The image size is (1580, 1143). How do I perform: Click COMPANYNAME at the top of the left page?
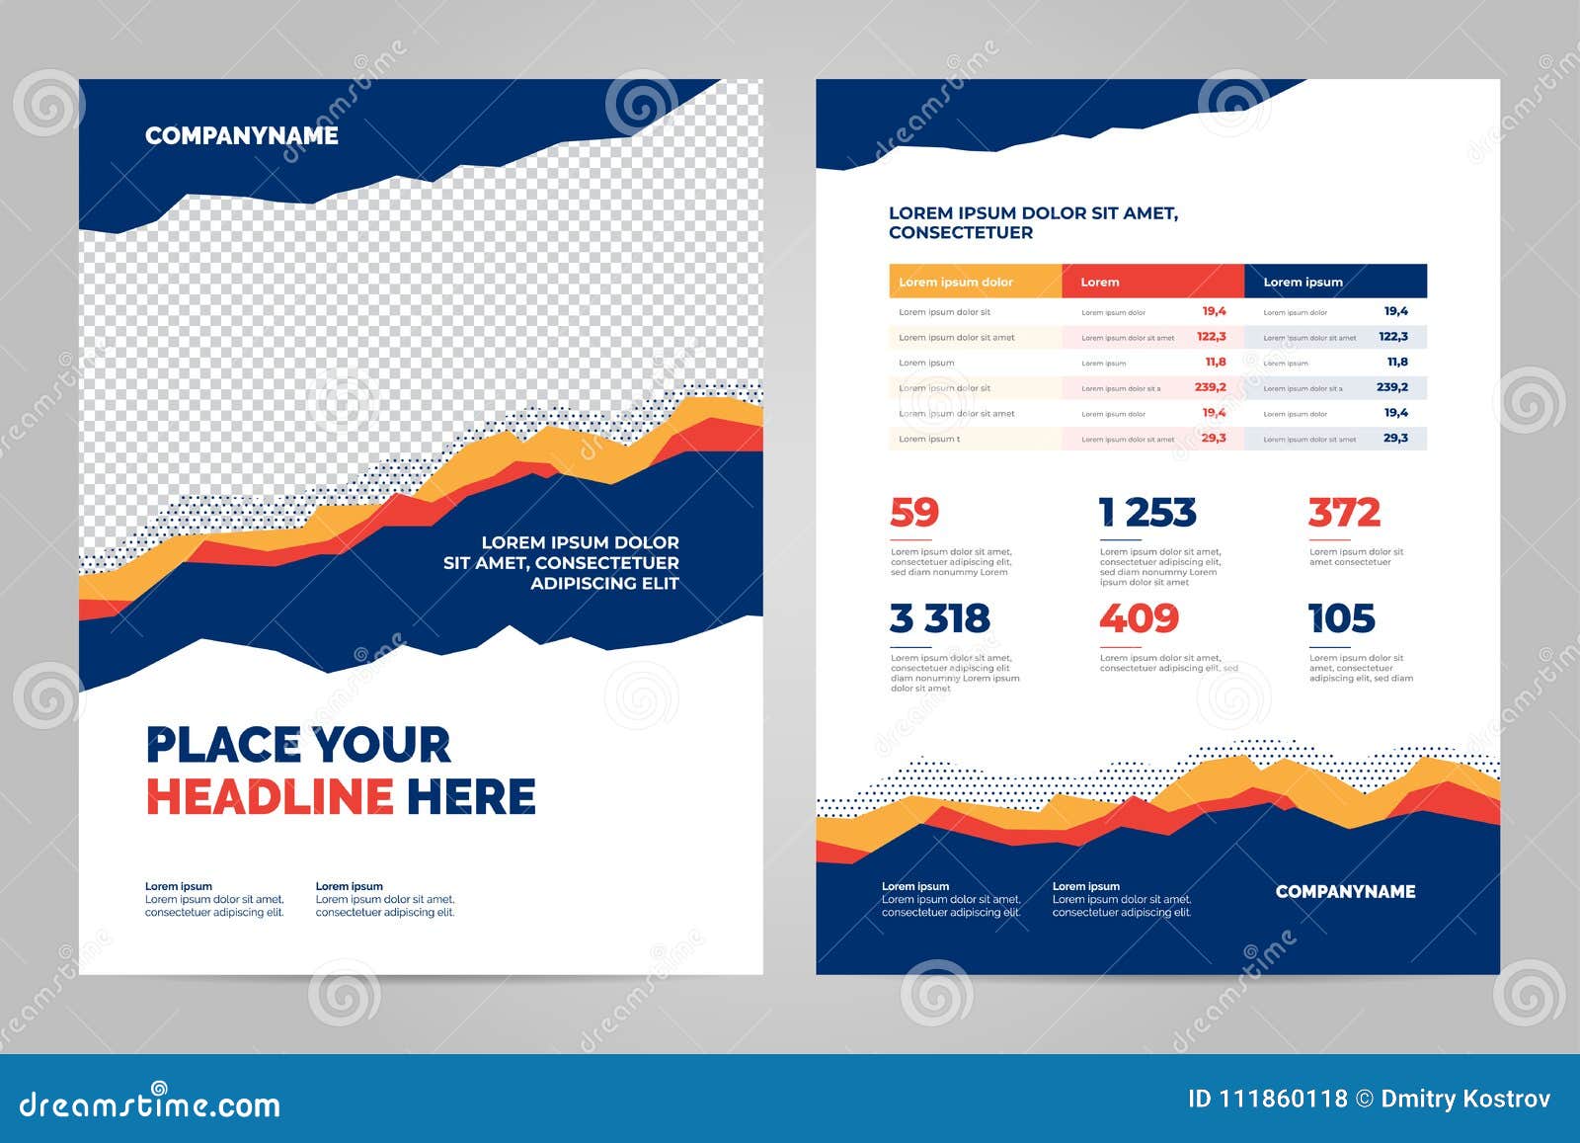pyautogui.click(x=241, y=135)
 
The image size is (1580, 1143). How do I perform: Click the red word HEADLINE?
pyautogui.click(x=270, y=796)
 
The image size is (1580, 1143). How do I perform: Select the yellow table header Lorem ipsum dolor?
pyautogui.click(x=955, y=282)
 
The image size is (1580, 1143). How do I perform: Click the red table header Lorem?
pyautogui.click(x=1099, y=282)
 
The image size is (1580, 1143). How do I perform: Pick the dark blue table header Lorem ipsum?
pyautogui.click(x=1303, y=282)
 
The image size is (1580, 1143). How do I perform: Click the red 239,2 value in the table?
pyautogui.click(x=1210, y=387)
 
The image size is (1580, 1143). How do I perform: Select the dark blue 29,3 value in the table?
pyautogui.click(x=1395, y=438)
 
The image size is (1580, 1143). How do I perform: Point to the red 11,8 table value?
pyautogui.click(x=1215, y=362)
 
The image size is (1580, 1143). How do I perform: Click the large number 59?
pyautogui.click(x=913, y=513)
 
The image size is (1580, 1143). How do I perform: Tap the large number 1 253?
pyautogui.click(x=1147, y=513)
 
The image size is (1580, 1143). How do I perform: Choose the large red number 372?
pyautogui.click(x=1344, y=513)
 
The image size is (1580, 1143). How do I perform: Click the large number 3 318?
pyautogui.click(x=939, y=618)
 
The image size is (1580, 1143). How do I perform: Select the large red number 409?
pyautogui.click(x=1139, y=618)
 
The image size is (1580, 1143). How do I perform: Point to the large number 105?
pyautogui.click(x=1341, y=618)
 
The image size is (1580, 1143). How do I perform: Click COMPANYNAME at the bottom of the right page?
pyautogui.click(x=1345, y=891)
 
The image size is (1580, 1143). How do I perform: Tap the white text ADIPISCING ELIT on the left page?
pyautogui.click(x=604, y=583)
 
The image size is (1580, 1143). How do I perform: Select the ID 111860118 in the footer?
pyautogui.click(x=1267, y=1099)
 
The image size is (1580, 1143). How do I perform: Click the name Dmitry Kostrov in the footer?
pyautogui.click(x=1465, y=1099)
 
